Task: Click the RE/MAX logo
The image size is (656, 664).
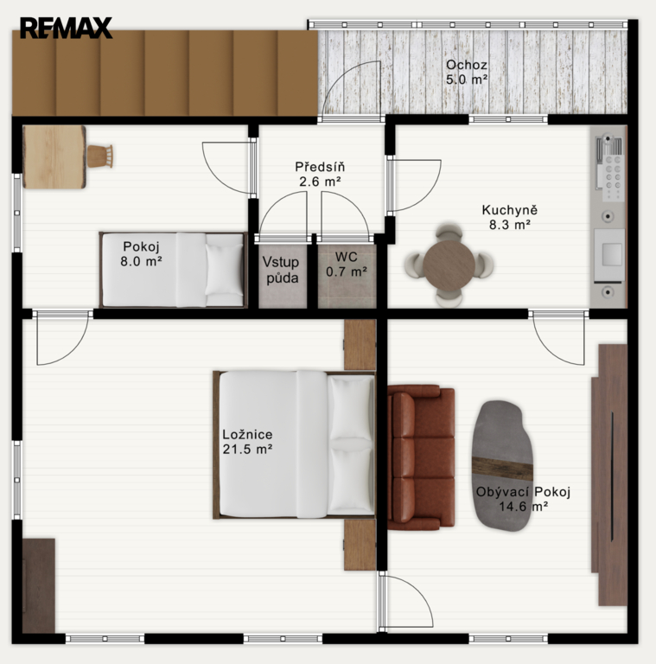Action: pos(66,28)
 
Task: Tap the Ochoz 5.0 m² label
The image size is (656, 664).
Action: pos(467,72)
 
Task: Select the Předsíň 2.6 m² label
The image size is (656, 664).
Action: pos(320,174)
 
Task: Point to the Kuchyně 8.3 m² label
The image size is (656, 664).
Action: pos(510,217)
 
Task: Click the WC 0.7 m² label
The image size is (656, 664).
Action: pos(347,265)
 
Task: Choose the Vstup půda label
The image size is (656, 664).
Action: pos(281,270)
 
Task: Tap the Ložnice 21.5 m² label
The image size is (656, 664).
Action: pos(247,442)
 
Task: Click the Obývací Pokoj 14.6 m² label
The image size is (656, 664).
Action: pos(523,499)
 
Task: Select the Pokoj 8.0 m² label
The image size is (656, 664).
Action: pos(141,254)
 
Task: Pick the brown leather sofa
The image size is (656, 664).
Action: pos(421,457)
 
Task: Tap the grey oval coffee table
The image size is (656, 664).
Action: pos(502,466)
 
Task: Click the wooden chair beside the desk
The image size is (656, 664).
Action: pos(100,156)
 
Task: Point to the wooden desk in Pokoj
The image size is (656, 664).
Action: pos(54,156)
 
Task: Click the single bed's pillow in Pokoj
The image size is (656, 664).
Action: pos(224,270)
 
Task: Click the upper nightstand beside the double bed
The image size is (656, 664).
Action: pos(360,345)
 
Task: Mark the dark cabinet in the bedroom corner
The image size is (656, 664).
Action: pos(39,585)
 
